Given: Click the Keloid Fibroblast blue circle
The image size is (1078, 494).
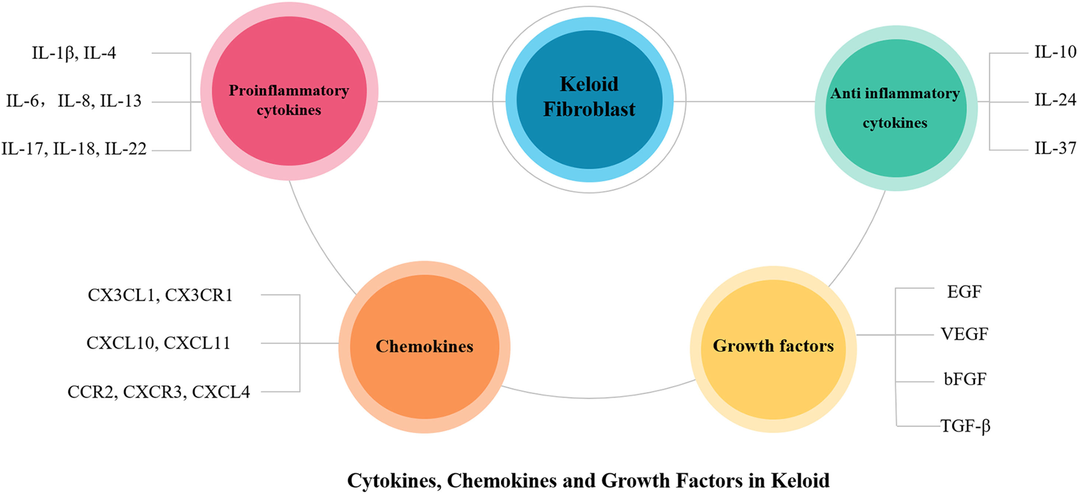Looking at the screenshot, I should (589, 99).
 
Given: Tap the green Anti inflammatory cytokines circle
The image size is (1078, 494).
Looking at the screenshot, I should (896, 108).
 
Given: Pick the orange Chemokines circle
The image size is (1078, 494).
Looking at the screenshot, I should (424, 346).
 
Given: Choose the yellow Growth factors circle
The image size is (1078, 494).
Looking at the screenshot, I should (773, 349).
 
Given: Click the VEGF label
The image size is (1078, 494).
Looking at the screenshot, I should (964, 334).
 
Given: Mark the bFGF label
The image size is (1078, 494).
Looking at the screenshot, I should (965, 379).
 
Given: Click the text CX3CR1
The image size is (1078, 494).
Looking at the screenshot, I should (199, 295).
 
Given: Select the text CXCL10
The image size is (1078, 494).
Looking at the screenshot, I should (121, 343).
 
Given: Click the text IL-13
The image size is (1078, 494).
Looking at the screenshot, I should (121, 101).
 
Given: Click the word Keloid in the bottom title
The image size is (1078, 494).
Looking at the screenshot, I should (800, 481).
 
